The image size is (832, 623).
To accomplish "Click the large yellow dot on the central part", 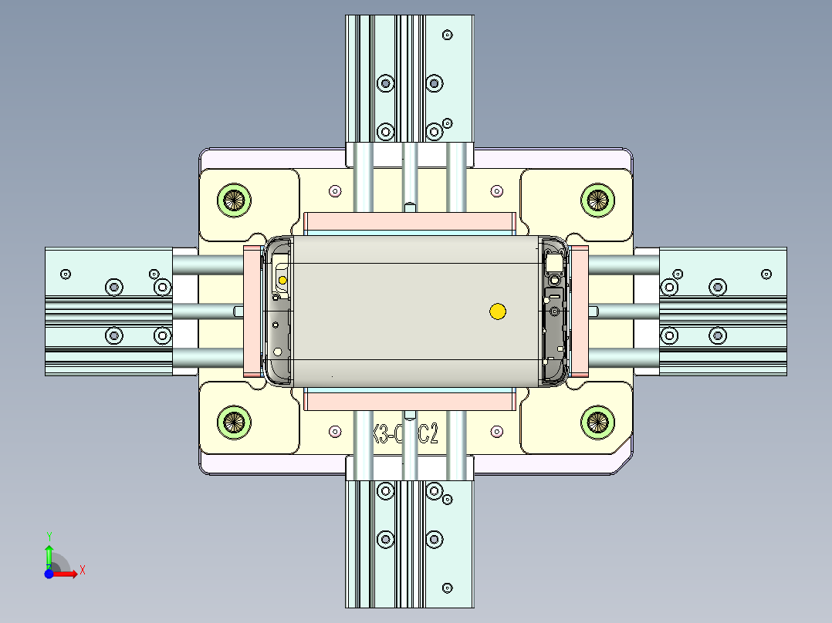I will click(x=498, y=311).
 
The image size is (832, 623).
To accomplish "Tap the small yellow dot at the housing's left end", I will click(x=282, y=279).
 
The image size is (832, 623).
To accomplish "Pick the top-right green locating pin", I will click(x=597, y=199).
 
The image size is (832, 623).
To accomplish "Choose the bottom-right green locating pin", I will click(x=597, y=421).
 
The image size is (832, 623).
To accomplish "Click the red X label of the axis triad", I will click(x=83, y=570).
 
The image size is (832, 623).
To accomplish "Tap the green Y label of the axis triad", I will click(x=49, y=535).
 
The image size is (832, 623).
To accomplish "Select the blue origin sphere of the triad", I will click(x=49, y=574).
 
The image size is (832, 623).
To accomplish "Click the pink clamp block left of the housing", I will click(x=252, y=311).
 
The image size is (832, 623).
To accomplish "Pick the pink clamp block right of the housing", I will click(x=579, y=311).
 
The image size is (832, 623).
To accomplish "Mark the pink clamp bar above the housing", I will click(x=410, y=224).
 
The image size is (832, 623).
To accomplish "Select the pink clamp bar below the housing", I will click(x=410, y=399).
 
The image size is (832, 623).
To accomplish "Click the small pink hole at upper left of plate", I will click(x=334, y=190).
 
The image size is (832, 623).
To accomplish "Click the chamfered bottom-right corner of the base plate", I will click(x=623, y=463).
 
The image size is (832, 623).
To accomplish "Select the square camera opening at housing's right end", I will click(x=554, y=263).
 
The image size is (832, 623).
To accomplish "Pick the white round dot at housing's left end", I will click(x=277, y=352).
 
